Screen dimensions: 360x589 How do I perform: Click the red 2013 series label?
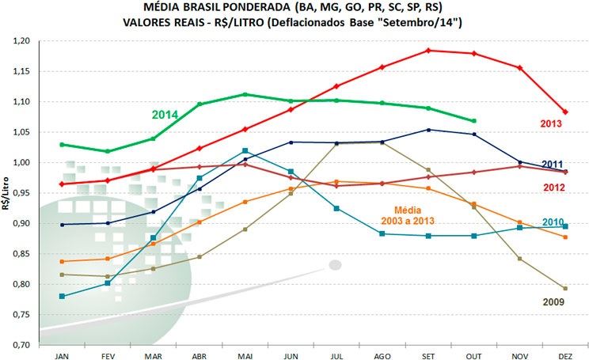click(551, 123)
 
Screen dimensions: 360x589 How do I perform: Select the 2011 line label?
click(553, 164)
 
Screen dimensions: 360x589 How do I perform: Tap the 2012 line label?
click(553, 187)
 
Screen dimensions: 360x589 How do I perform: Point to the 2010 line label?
click(554, 222)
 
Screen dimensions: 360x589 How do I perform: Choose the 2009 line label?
click(553, 301)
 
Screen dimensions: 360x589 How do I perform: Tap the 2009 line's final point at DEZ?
click(565, 288)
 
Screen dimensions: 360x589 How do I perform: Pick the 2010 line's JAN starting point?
click(62, 296)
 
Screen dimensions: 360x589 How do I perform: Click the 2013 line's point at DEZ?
click(565, 112)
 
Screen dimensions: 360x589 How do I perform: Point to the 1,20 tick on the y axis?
click(27, 41)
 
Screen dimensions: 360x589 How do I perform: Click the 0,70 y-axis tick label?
click(27, 345)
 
